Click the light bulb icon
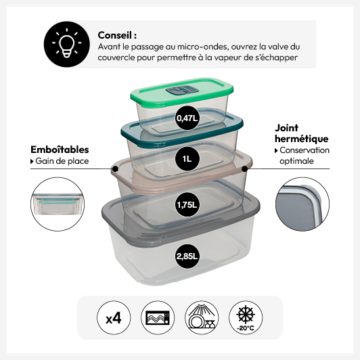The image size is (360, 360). tap(66, 44)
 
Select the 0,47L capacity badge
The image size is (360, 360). tap(187, 118)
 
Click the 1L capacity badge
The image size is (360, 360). tap(187, 158)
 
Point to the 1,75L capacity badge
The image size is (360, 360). tap(187, 204)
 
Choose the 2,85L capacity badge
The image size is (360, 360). tap(187, 256)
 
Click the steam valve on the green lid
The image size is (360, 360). tap(182, 90)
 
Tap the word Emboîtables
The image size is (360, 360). tap(60, 150)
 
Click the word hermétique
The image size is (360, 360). tap(302, 139)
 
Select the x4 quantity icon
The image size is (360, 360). tap(114, 318)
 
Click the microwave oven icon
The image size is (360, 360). tap(158, 318)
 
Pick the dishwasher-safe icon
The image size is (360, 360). tap(202, 318)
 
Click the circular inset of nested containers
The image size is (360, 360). tap(58, 204)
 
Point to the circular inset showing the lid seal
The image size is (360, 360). tap(302, 204)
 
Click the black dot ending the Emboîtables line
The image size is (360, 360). tap(116, 169)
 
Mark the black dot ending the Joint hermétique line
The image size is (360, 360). tap(245, 169)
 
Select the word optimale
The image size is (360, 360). tap(296, 161)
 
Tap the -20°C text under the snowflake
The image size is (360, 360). tap(246, 328)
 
